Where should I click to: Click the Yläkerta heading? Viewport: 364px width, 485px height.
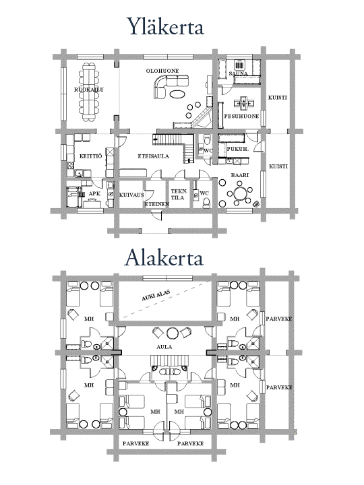(166, 26)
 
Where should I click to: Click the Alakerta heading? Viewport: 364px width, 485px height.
(164, 257)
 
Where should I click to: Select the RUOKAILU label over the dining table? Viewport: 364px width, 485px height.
(89, 90)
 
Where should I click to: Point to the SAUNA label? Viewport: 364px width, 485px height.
(238, 73)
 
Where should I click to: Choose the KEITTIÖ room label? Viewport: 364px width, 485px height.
(90, 156)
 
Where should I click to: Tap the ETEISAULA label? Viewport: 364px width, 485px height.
(154, 156)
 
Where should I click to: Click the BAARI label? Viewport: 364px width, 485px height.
(240, 175)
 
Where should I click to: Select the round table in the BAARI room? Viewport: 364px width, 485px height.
(240, 194)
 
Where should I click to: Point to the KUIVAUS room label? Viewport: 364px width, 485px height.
(131, 195)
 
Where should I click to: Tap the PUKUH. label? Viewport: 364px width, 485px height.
(238, 149)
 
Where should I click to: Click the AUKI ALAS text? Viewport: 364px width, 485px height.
(156, 296)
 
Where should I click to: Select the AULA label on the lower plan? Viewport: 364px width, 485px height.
(164, 347)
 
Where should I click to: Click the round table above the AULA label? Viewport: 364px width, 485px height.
(173, 333)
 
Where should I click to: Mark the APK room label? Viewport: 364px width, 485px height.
(94, 193)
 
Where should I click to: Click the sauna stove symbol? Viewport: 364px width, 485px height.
(239, 65)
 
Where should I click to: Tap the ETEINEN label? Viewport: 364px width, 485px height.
(157, 204)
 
